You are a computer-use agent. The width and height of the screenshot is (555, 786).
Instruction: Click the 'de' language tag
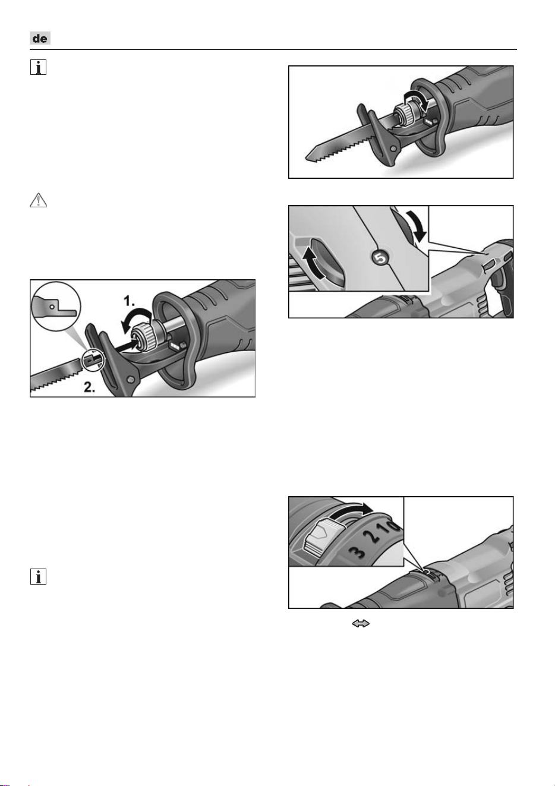40,38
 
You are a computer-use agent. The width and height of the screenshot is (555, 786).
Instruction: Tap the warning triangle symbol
38,200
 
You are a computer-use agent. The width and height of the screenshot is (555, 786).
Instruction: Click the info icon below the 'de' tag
38,67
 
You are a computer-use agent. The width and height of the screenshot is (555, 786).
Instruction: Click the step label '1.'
129,301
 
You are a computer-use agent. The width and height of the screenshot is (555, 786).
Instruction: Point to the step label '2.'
90,387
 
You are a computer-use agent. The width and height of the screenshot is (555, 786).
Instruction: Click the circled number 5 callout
380,258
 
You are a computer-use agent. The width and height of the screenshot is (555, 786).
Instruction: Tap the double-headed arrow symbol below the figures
361,624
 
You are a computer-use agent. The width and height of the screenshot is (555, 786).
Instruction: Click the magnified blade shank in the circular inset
55,307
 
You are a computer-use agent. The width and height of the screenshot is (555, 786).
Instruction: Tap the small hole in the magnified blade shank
52,307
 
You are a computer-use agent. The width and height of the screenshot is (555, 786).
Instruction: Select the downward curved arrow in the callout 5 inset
416,225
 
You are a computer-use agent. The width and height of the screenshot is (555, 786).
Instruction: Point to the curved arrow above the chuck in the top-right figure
417,99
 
